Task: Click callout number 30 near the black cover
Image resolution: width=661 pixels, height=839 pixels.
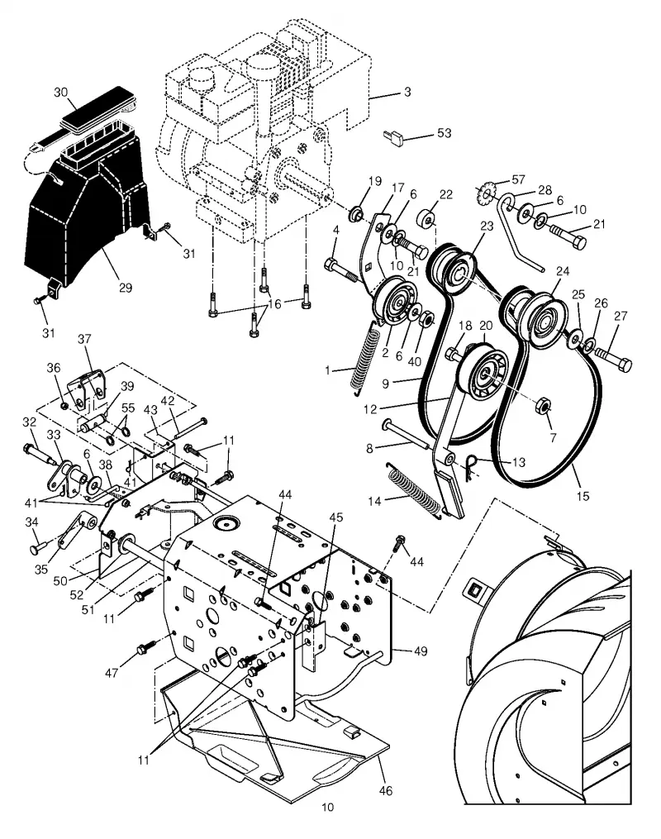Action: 61,92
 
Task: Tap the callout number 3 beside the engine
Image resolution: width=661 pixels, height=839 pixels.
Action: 407,92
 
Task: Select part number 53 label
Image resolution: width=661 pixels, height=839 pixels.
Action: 444,133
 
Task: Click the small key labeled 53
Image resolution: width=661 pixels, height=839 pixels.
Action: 392,137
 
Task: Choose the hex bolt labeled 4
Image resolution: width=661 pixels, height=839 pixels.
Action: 341,270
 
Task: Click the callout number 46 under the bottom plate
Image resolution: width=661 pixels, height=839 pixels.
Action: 386,790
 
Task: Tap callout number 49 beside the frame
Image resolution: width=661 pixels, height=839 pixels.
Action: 421,651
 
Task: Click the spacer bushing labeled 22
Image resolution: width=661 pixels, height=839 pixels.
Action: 428,219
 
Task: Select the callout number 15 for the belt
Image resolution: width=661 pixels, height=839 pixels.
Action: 583,496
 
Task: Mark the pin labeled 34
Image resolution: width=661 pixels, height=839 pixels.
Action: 39,547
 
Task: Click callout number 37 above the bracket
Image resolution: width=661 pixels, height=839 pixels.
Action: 84,339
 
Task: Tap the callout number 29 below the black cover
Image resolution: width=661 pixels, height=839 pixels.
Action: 125,288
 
